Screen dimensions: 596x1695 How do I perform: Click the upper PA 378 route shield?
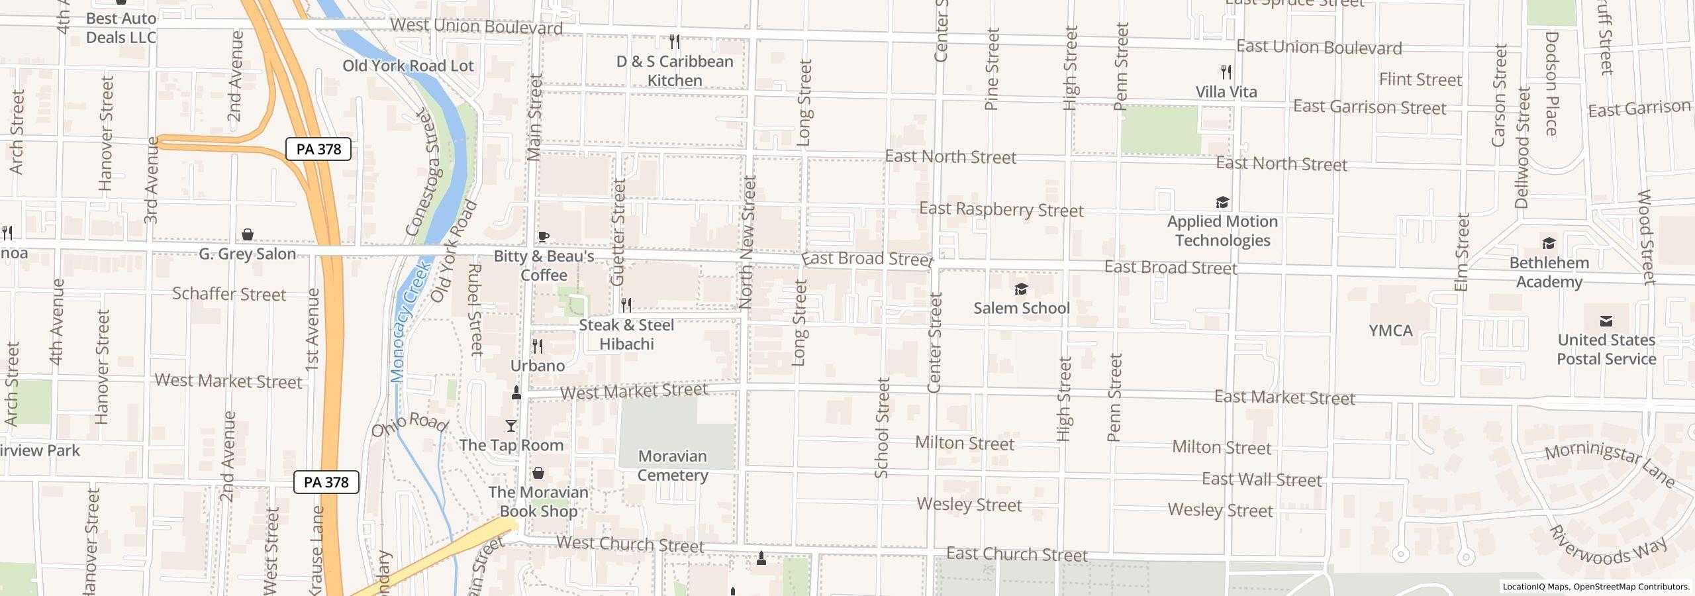coord(318,149)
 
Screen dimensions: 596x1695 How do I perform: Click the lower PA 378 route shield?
coord(326,482)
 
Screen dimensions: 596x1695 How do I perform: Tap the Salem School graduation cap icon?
coord(1021,289)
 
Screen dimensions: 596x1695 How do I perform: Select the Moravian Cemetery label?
coord(673,466)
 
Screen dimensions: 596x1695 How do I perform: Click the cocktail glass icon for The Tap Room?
coord(511,426)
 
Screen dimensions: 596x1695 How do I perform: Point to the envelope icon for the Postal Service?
coord(1606,321)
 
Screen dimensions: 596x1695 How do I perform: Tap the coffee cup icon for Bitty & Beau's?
coord(544,237)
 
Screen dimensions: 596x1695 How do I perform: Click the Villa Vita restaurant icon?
coord(1226,72)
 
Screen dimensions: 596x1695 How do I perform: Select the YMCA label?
coord(1390,330)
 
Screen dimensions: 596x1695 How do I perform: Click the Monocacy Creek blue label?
coord(411,323)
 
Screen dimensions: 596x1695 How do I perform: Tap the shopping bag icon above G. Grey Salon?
coord(248,234)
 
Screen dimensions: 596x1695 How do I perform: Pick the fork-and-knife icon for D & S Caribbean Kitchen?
coord(675,42)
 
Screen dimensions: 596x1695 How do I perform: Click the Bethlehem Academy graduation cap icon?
coord(1549,244)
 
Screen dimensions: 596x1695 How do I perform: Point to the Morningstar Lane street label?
coord(1610,466)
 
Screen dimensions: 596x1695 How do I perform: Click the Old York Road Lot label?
coord(408,66)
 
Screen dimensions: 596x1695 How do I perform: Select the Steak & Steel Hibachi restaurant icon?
coord(626,305)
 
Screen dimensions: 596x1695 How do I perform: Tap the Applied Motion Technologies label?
coord(1222,230)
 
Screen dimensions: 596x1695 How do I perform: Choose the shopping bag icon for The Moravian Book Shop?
coord(539,473)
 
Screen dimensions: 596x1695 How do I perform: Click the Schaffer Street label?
coord(229,293)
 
